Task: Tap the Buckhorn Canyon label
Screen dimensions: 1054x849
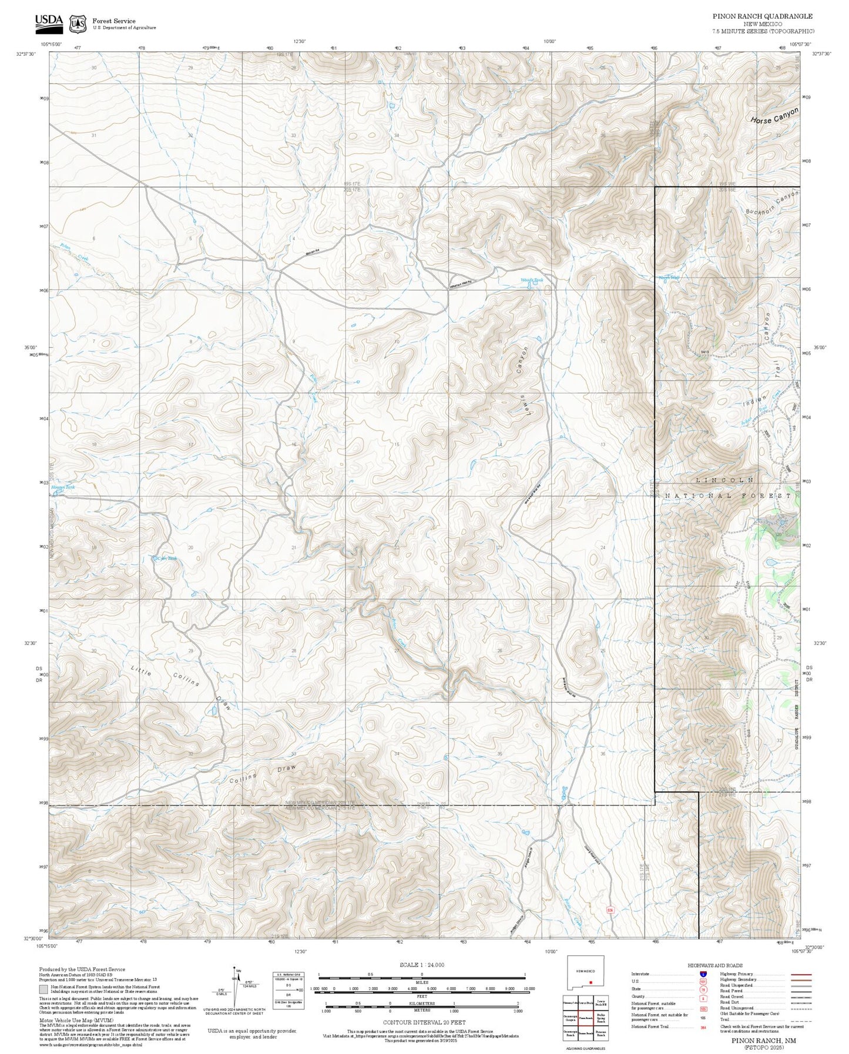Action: pos(772,202)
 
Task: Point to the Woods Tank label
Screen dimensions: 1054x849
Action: pos(532,280)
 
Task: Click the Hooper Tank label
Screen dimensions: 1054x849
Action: pos(63,487)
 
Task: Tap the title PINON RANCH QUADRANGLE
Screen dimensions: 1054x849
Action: pos(763,16)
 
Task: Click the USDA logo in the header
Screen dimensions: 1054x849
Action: pos(49,22)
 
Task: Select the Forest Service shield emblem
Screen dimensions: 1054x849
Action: pos(78,24)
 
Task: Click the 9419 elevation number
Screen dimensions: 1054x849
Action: pos(705,352)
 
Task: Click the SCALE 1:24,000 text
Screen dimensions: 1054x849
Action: pos(421,965)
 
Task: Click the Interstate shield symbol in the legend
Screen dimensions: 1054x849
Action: pos(703,974)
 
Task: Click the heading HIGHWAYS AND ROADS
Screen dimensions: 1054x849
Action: pos(715,965)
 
